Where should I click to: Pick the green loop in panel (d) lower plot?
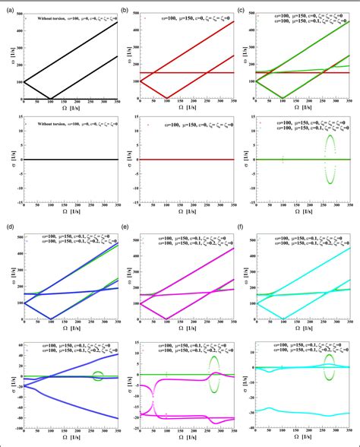(97, 375)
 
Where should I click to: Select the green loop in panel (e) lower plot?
(214, 369)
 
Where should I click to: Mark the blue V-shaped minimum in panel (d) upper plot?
(73, 319)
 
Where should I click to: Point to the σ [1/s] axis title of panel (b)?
(127, 160)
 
